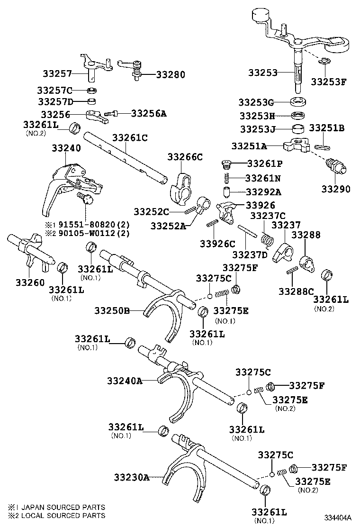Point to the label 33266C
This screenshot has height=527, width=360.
[185, 157]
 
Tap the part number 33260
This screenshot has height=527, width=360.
[30, 282]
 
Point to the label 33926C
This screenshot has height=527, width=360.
[217, 244]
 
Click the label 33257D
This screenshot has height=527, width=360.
[56, 101]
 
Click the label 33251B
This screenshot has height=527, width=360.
[326, 128]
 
